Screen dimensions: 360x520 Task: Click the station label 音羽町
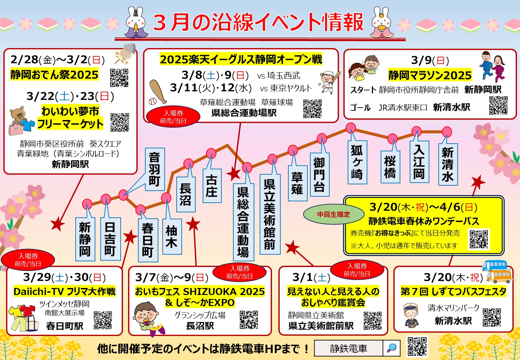point(155,169)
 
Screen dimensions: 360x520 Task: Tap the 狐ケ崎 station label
point(357,162)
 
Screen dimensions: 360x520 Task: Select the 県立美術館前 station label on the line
point(270,214)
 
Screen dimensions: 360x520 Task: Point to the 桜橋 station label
point(390,167)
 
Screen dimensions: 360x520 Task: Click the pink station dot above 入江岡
point(416,131)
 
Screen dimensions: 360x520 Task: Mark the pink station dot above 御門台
point(322,138)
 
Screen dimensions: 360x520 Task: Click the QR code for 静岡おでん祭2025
point(119,77)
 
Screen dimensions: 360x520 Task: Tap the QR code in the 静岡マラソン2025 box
point(498,105)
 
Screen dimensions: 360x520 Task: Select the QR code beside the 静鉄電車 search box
point(417,347)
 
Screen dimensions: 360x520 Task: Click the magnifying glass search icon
point(391,348)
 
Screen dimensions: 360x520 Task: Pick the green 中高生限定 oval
point(334,215)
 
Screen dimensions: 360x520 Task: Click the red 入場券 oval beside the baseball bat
point(173,117)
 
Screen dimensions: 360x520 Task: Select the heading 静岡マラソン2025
point(430,75)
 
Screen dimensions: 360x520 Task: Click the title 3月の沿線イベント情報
point(258,23)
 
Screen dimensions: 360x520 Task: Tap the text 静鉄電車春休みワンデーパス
point(423,221)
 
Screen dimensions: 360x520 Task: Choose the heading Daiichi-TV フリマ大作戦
point(64,291)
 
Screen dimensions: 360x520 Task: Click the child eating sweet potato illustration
point(146,316)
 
